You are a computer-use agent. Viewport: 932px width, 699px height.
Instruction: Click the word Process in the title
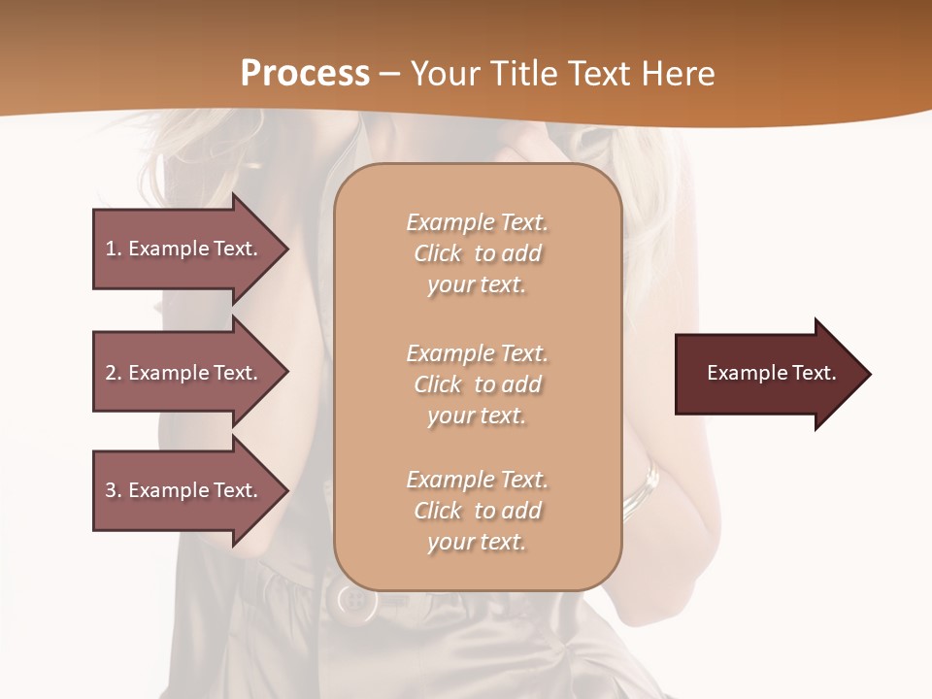(x=305, y=74)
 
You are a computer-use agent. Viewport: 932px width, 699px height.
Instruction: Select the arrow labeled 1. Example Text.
(x=184, y=249)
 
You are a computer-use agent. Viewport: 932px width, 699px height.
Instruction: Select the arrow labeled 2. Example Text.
(x=184, y=373)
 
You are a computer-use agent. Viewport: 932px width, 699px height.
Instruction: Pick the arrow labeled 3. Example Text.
(x=184, y=490)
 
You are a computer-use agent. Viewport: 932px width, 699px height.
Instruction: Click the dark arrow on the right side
(x=767, y=374)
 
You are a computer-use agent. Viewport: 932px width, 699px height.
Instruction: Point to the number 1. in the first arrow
(x=114, y=249)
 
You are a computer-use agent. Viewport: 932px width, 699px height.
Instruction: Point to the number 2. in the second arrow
(x=114, y=373)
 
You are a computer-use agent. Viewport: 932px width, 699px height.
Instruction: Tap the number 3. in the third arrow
(x=114, y=490)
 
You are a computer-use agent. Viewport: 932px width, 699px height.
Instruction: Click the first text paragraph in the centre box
(x=477, y=253)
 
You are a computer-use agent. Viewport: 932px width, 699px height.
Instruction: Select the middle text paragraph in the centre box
(x=477, y=384)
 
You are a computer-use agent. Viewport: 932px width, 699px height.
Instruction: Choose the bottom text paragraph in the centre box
(x=477, y=511)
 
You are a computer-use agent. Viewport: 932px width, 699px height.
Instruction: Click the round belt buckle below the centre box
(x=356, y=601)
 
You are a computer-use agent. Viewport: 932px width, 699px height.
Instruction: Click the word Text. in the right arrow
(x=810, y=373)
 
